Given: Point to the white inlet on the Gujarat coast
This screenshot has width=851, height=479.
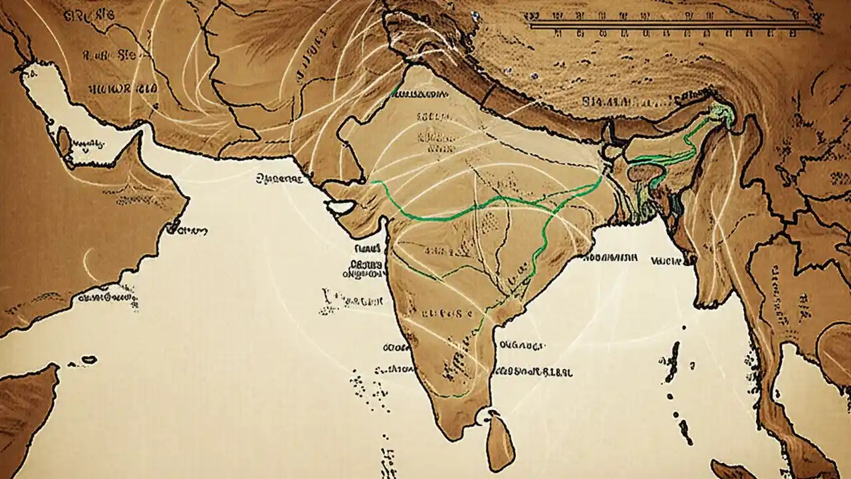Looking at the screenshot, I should point(341,208).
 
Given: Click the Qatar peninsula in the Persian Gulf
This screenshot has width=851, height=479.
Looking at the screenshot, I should point(64,143).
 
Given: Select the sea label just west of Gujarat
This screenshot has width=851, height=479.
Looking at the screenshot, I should point(279,178).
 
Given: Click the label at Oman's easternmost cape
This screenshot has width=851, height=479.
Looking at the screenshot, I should point(186,229).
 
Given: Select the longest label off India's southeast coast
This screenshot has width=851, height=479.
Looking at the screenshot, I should point(535,372).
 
